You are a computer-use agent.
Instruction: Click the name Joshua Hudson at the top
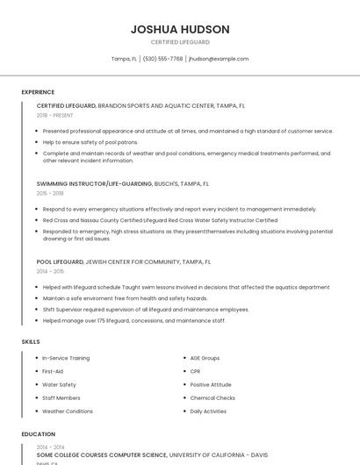click(180, 29)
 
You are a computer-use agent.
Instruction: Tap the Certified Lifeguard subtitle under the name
click(180, 42)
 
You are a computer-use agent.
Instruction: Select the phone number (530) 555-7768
click(162, 59)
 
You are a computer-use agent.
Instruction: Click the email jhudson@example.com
click(219, 59)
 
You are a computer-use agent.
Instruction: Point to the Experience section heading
click(38, 92)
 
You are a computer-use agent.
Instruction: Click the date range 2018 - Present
click(54, 115)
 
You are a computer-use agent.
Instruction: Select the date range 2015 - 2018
click(50, 193)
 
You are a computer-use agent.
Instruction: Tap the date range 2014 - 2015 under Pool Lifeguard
click(50, 271)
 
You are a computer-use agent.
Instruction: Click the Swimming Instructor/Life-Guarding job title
click(95, 184)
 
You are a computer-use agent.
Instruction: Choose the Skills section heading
click(31, 340)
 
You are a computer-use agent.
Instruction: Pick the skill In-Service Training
click(66, 358)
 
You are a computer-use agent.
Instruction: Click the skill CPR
click(195, 371)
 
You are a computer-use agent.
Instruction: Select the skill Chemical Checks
click(212, 397)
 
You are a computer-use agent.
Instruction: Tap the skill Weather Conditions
click(68, 411)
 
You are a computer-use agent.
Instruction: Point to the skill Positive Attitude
click(211, 384)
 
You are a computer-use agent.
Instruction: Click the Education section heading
click(38, 434)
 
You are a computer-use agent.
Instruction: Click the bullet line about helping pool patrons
click(90, 141)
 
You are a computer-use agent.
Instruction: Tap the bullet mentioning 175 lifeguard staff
click(133, 320)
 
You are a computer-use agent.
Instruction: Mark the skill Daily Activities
click(208, 411)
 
